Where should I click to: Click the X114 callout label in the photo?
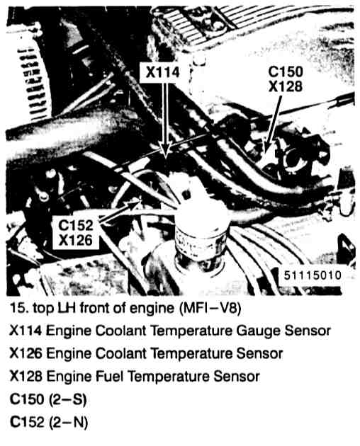[162, 72]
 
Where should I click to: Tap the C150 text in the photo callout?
[286, 72]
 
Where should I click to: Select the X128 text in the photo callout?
[286, 86]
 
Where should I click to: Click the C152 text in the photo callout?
[76, 226]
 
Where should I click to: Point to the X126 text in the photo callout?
[76, 241]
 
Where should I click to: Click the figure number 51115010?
[313, 275]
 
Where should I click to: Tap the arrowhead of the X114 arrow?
[166, 149]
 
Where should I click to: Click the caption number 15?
[19, 308]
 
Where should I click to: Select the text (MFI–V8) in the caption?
[210, 309]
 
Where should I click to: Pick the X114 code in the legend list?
[26, 331]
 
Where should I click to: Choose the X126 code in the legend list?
[26, 353]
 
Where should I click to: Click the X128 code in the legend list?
[26, 377]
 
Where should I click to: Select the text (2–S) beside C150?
[67, 399]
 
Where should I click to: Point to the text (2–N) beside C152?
[68, 422]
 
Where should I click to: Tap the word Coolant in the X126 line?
[120, 353]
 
